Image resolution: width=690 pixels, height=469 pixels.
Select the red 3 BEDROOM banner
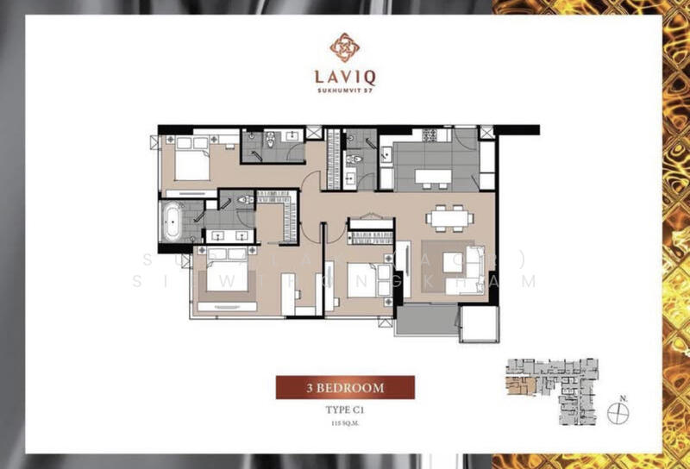tap(344, 388)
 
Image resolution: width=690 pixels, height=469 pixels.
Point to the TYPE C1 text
tap(344, 411)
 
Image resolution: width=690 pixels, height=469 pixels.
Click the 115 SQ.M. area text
tap(344, 424)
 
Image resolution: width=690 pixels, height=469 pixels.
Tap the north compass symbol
tap(618, 413)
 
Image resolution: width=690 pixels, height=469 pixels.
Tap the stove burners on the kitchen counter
tap(428, 136)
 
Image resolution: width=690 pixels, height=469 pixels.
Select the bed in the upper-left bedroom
tap(194, 159)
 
